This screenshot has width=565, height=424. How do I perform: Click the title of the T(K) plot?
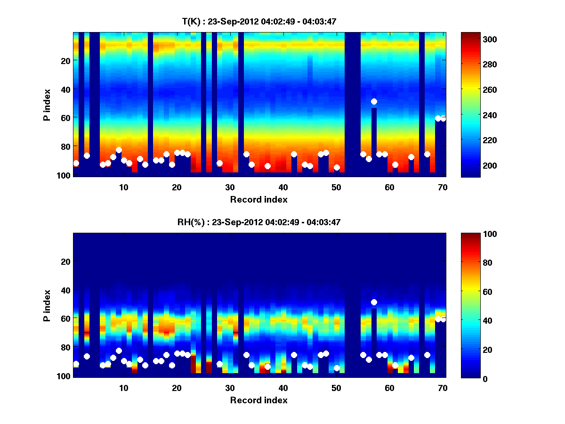[259, 21]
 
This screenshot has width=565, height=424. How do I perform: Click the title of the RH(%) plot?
[259, 222]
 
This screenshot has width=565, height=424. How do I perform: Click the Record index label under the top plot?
[259, 200]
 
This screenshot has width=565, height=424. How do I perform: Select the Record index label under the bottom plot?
[259, 400]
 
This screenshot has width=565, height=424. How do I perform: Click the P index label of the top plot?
[47, 105]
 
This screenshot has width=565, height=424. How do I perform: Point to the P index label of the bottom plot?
[47, 305]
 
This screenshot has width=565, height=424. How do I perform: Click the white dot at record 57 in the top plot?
[374, 101]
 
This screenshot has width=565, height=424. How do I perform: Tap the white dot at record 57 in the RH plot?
[374, 302]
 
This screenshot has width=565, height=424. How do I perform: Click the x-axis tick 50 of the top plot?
[336, 187]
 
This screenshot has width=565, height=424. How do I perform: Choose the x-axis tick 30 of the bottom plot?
[230, 388]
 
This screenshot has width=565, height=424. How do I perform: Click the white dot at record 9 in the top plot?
[119, 150]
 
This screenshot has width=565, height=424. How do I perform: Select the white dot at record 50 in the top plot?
[337, 167]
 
